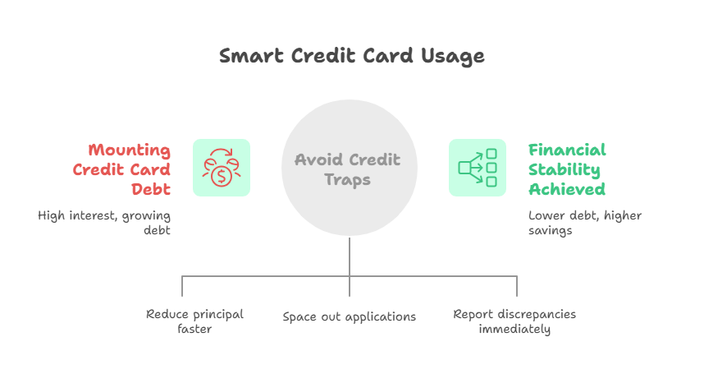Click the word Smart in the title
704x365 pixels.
[251, 56]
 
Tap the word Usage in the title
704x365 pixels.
[453, 57]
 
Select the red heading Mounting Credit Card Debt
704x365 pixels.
[121, 169]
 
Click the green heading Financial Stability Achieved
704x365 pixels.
[567, 169]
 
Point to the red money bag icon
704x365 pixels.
[222, 168]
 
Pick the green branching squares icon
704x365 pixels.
[478, 168]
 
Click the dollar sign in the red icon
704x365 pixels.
[222, 176]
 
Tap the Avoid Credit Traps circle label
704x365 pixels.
[348, 169]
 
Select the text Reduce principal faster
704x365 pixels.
[194, 321]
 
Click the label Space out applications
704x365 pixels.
[350, 316]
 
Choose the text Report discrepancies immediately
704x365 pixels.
[514, 321]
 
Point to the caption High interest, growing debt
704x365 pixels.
[104, 223]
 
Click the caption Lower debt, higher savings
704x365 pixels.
[585, 223]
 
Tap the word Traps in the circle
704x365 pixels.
[348, 179]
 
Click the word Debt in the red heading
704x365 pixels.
[151, 189]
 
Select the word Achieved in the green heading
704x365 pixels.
[567, 189]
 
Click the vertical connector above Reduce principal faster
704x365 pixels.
[182, 286]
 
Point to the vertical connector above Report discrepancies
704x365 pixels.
[517, 286]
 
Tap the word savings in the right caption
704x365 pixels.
[550, 231]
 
